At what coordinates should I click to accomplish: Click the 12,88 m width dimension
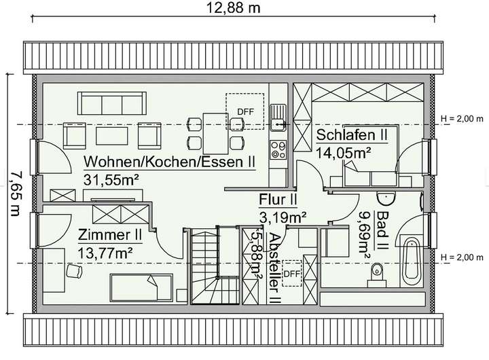(233, 10)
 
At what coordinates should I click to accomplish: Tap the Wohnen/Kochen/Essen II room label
(169, 163)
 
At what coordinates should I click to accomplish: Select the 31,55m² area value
(111, 179)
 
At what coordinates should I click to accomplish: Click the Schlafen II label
(351, 134)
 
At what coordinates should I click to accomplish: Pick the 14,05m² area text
(343, 152)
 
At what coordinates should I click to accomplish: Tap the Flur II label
(278, 200)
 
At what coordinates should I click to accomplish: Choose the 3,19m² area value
(283, 217)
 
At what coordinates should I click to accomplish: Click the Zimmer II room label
(109, 235)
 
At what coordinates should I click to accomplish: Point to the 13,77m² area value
(105, 252)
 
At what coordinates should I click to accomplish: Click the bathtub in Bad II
(412, 262)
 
